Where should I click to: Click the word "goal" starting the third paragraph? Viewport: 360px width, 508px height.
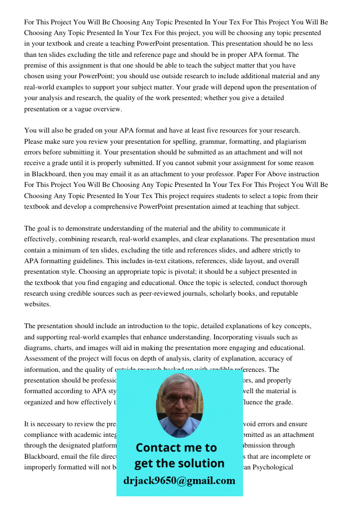45,228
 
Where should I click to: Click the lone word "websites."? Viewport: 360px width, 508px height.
38,304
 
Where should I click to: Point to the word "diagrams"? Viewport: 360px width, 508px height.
39,348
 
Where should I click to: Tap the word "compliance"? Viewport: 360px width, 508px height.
42,434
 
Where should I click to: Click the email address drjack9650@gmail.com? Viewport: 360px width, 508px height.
179,480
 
